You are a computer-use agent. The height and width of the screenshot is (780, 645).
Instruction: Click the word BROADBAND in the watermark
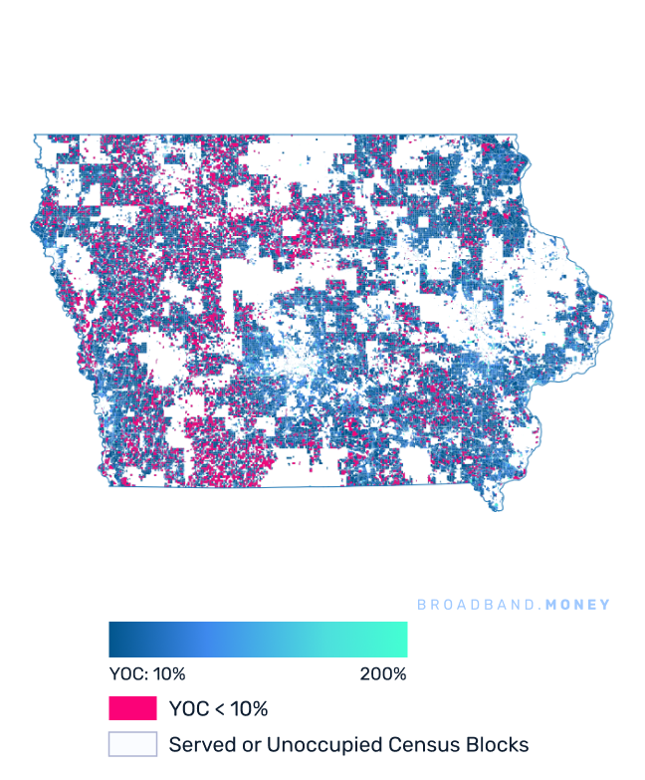472,605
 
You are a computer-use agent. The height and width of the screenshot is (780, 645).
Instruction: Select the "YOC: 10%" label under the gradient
147,674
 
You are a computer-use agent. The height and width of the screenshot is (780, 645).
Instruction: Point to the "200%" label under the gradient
383,674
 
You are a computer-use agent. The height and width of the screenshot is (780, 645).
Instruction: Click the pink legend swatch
132,708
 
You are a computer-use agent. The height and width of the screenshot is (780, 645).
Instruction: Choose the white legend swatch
132,744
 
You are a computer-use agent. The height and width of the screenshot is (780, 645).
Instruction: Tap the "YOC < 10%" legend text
218,709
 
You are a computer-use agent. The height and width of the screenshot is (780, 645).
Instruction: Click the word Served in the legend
196,744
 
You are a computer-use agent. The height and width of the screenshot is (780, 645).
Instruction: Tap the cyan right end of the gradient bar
402,640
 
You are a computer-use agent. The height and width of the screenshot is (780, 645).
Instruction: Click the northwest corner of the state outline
33,134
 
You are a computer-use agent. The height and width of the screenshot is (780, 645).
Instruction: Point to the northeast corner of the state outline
518,135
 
